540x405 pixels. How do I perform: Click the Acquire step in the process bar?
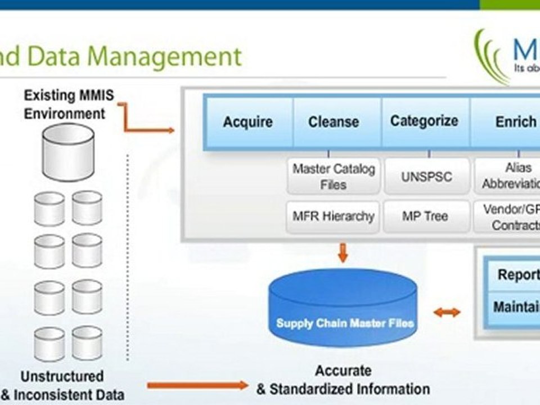coord(247,122)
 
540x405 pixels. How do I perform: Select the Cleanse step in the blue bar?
coord(334,122)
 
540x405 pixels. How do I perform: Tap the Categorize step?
coord(424,121)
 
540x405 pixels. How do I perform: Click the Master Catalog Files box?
coord(333,177)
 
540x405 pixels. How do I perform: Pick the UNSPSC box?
coord(426,177)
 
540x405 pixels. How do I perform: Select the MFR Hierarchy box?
coord(333,216)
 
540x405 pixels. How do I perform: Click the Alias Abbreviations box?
coord(509,177)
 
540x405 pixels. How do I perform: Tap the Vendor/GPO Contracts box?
coord(509,217)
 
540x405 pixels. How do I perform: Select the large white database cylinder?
coord(69,152)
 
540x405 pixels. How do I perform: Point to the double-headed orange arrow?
coord(447,312)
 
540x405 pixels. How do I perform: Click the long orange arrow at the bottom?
coord(197,385)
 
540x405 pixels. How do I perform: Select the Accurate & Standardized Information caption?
coord(343,380)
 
